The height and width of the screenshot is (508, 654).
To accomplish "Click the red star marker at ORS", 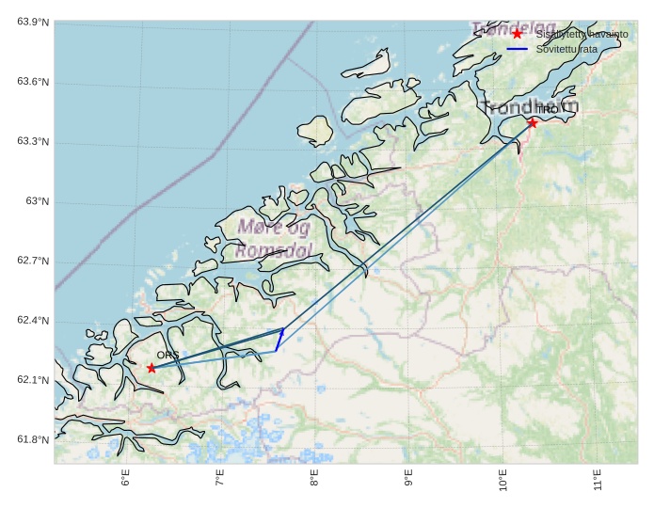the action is [x=152, y=368].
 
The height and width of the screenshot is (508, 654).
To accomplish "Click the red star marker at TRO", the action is [x=533, y=122].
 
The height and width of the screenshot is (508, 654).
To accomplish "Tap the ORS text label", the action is [x=167, y=356].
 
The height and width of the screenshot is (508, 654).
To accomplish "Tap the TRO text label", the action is [x=547, y=110].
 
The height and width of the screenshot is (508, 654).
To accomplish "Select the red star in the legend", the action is [x=517, y=34].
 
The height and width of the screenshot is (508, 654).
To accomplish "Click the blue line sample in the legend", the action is [x=517, y=48].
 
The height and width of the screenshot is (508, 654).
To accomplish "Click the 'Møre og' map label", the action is [x=274, y=227].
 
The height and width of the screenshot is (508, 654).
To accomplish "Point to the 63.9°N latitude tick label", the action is [x=33, y=23].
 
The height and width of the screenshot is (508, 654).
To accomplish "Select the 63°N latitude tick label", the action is [x=38, y=201].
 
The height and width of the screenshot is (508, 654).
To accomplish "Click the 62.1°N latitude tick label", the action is [x=33, y=380].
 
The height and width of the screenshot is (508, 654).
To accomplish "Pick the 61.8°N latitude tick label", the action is [x=33, y=440].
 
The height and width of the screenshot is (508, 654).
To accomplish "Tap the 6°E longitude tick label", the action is [x=125, y=480].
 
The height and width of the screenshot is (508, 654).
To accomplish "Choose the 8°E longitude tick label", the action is [x=314, y=480].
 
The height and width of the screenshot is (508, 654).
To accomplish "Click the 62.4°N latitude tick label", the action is [x=33, y=321].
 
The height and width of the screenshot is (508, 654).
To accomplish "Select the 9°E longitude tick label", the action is [x=408, y=480].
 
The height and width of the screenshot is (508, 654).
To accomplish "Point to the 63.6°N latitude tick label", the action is [x=33, y=83].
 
